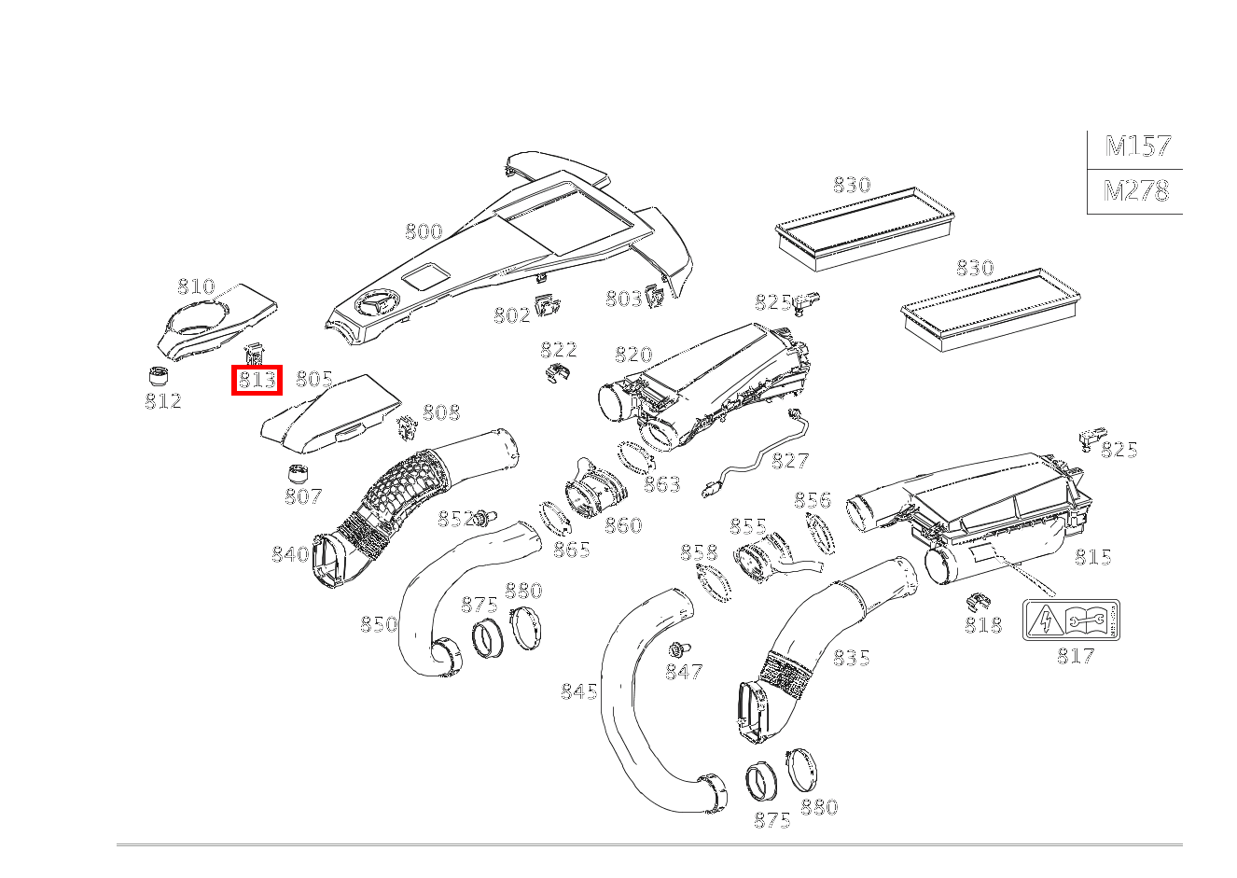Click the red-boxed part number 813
(257, 380)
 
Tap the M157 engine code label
(1137, 146)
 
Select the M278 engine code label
(1136, 191)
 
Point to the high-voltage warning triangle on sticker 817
(1044, 620)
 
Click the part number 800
(424, 231)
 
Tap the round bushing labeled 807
(299, 474)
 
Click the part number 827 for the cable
(790, 461)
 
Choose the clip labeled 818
(978, 601)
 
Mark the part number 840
(290, 554)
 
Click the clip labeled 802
(548, 305)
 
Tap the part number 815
(1092, 557)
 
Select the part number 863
(662, 485)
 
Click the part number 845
(578, 691)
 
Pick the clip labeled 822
(557, 372)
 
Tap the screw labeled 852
(484, 518)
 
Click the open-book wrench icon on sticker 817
(1085, 620)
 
